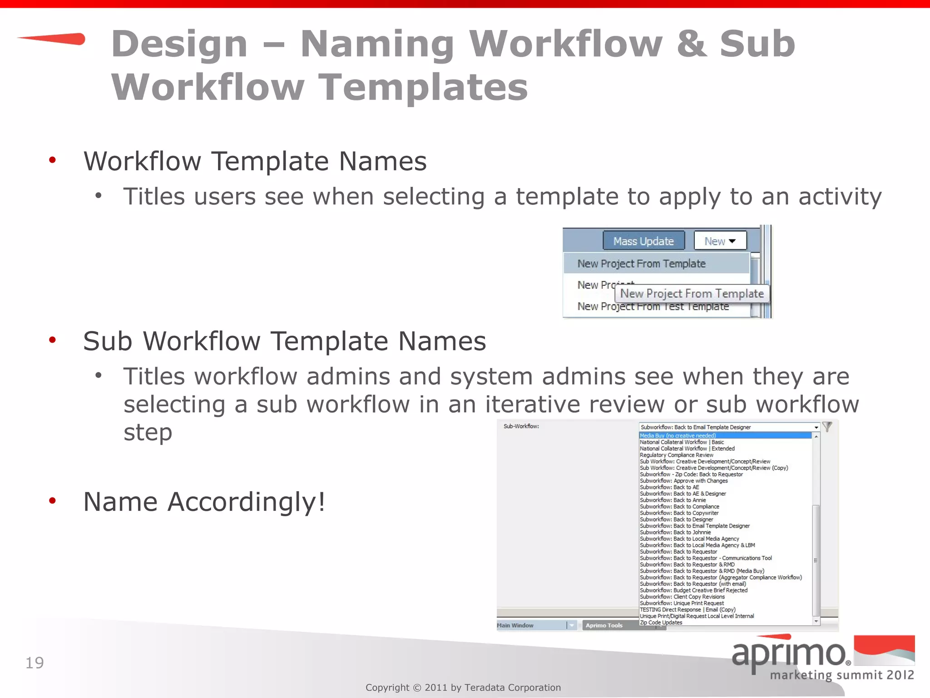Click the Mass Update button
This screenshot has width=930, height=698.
coord(643,241)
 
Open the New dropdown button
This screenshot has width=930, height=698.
coord(720,241)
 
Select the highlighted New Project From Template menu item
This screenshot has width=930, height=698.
coord(641,264)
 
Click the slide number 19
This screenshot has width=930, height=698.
coord(35,663)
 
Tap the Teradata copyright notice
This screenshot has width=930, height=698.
coord(463,688)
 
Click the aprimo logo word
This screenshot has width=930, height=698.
coord(789,654)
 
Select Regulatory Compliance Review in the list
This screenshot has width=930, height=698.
coord(676,455)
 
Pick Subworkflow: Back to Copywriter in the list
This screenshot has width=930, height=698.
coord(679,513)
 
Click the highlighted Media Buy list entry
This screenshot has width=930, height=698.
coord(678,435)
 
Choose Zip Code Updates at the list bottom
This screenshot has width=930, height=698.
coord(661,623)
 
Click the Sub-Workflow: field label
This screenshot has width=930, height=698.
coord(521,426)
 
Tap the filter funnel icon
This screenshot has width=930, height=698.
coord(827,427)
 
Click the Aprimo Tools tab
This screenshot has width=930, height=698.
coord(604,625)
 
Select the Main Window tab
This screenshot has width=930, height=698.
coord(515,625)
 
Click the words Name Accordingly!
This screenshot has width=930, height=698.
coord(204,502)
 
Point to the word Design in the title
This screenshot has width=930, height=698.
coord(179,44)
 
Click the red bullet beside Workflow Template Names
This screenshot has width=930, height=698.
coord(53,160)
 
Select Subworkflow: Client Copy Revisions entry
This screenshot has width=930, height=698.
coord(682,597)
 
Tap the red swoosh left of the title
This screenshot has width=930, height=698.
coord(52,39)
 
